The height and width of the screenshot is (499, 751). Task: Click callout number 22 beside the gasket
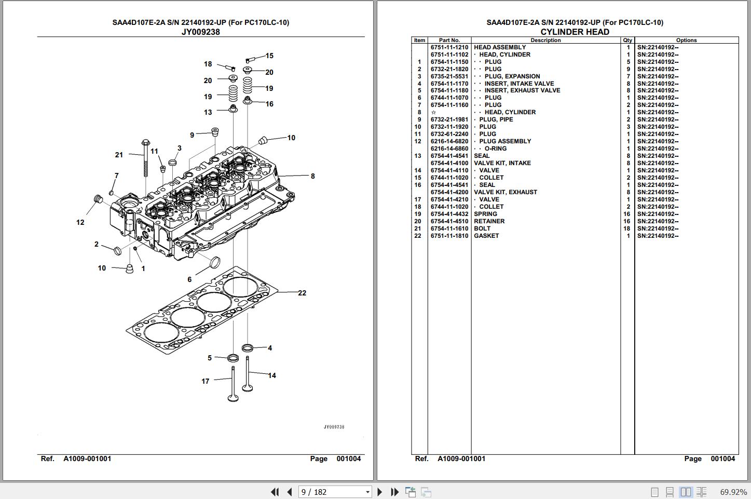302,293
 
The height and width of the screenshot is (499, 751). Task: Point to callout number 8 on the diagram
312,176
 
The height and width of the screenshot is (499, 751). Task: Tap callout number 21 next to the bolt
119,155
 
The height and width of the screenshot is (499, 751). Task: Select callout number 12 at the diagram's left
80,222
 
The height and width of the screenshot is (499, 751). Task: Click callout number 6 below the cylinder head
189,279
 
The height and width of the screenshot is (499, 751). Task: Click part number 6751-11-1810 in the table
449,236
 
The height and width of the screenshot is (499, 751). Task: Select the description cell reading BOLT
482,228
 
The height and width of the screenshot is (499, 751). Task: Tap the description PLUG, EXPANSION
512,76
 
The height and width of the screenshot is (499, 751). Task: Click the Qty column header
627,40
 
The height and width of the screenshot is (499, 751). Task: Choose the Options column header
686,40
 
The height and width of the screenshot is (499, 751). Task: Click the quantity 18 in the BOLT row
627,228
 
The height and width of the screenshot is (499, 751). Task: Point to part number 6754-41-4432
449,214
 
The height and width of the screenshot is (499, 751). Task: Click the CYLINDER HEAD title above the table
575,32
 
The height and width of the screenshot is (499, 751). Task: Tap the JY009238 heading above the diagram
200,32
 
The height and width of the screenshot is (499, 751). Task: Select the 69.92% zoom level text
733,492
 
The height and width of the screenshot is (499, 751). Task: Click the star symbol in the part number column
433,112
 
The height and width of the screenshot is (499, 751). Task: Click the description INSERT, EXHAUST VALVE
522,90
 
